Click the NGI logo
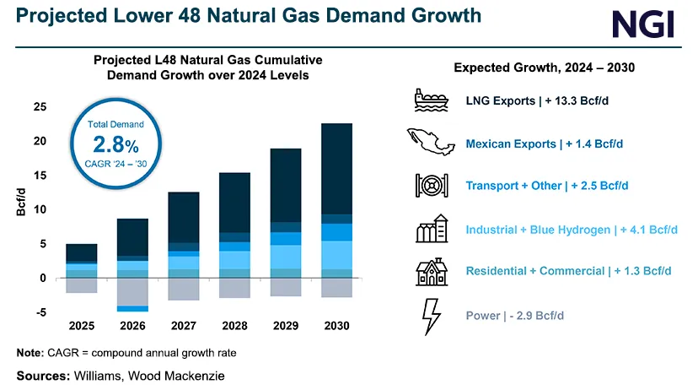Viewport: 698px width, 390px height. click(643, 24)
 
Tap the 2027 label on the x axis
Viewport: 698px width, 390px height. click(184, 324)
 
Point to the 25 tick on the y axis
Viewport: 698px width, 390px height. click(40, 106)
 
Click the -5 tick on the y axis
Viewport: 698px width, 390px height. click(40, 312)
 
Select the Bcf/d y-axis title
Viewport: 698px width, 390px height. click(22, 203)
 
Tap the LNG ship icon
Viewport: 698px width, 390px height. click(431, 100)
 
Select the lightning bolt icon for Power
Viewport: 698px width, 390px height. click(431, 316)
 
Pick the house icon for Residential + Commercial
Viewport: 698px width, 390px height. click(431, 271)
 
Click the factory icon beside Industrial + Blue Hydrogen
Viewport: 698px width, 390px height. click(431, 229)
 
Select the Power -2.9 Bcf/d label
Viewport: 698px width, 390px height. click(514, 316)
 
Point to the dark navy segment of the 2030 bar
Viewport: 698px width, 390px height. click(337, 169)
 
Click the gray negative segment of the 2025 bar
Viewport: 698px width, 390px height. click(82, 285)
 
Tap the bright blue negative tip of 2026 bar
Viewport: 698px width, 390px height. click(132, 309)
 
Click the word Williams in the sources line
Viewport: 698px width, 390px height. click(98, 374)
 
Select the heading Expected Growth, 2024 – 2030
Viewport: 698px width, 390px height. click(544, 68)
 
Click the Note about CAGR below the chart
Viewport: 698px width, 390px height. click(126, 352)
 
